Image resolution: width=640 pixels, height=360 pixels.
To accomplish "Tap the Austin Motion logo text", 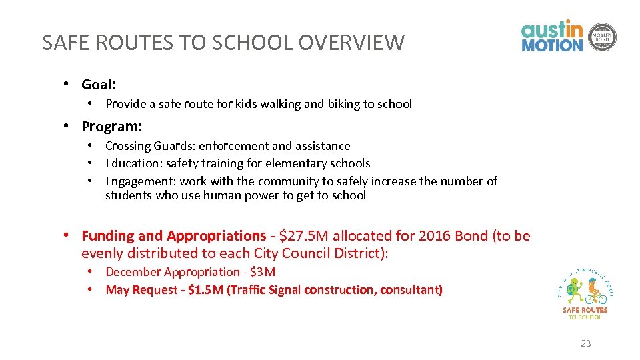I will (552, 37).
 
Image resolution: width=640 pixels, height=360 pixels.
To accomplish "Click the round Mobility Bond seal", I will (603, 37).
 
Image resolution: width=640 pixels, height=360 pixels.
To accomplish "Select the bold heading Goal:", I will (99, 85).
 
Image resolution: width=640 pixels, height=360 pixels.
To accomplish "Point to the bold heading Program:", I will (111, 127).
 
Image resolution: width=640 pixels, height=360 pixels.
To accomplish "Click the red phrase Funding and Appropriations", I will (173, 236).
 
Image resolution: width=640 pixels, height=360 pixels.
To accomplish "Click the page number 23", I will (585, 343).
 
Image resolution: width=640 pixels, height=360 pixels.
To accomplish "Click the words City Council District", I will (321, 253).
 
